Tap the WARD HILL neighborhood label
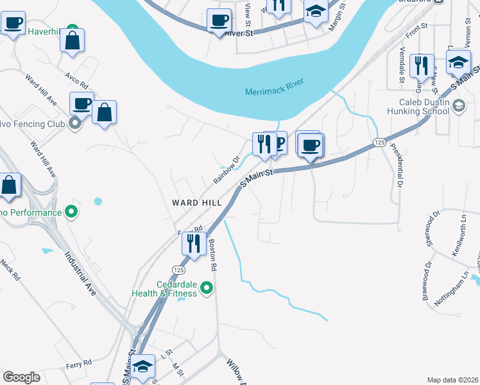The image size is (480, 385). (197, 203)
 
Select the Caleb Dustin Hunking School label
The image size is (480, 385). (424, 107)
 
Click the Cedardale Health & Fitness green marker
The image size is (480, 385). (207, 287)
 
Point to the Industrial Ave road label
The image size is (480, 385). (81, 273)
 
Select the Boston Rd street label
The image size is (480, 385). (213, 254)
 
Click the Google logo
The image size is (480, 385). (21, 377)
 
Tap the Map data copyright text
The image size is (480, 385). (453, 379)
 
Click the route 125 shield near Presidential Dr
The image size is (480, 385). (379, 141)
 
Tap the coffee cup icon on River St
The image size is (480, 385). (219, 20)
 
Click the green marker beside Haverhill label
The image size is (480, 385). (74, 30)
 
